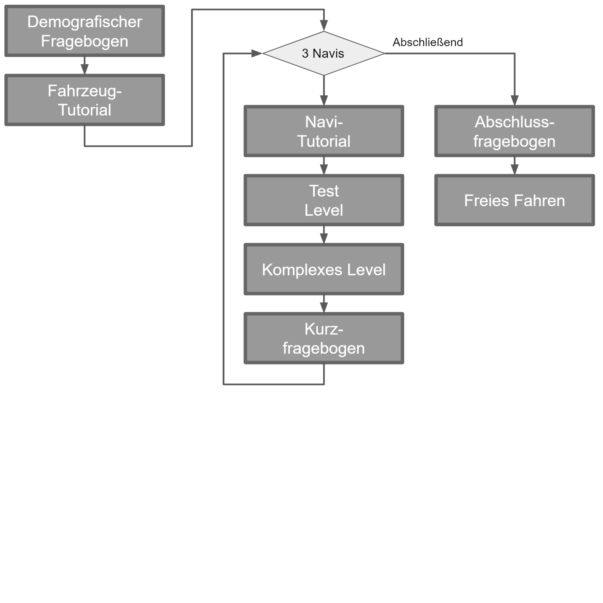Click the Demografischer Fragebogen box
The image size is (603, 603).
tap(84, 31)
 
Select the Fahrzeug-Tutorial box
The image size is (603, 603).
tap(84, 100)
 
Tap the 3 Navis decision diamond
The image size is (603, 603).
tap(323, 53)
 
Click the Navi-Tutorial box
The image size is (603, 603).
tap(324, 131)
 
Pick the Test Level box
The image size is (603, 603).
tap(324, 200)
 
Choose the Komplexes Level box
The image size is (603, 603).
tap(324, 269)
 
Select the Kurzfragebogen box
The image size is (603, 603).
tap(324, 338)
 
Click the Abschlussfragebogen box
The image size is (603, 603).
tap(514, 131)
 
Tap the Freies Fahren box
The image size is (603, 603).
tap(514, 200)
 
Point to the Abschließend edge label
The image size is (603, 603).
tap(427, 42)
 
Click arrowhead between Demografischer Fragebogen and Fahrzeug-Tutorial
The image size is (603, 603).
tap(84, 69)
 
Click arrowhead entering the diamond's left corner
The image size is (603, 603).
tap(256, 53)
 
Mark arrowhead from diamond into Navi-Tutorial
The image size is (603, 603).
tap(324, 100)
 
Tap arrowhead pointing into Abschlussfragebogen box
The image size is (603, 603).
tap(514, 100)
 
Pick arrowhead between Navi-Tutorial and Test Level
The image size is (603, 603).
tap(324, 169)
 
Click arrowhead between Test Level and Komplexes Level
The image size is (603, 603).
tap(324, 238)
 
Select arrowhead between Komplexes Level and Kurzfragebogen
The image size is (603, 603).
tap(324, 307)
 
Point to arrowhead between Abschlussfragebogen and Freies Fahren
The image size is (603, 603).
tap(514, 169)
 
